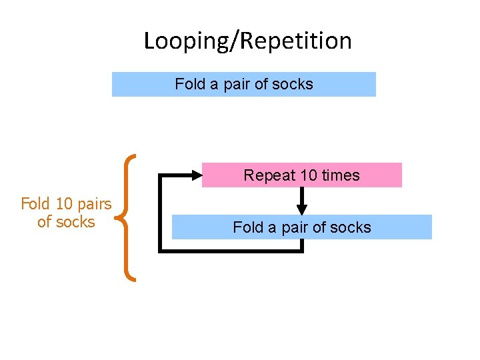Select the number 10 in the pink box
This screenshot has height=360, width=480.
[x=309, y=175]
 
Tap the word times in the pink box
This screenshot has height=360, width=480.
[x=341, y=175]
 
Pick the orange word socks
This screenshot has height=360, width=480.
[x=75, y=221]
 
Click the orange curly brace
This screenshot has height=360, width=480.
[x=128, y=217]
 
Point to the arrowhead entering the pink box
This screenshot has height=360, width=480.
[x=195, y=175]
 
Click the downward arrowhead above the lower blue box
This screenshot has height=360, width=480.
[x=302, y=209]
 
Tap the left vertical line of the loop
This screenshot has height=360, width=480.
[x=159, y=213]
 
